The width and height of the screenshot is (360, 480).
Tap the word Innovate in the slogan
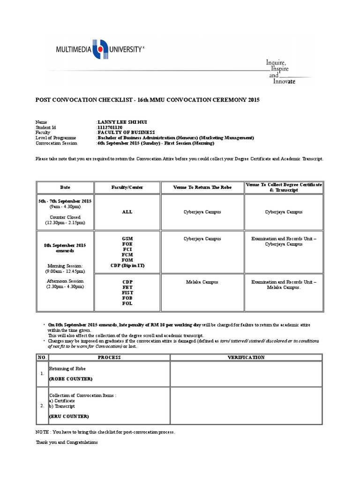285,82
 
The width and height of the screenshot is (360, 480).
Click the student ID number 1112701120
110,127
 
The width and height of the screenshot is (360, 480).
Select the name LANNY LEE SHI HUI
119,122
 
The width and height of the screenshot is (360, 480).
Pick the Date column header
65,187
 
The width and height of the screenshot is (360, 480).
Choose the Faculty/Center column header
127,187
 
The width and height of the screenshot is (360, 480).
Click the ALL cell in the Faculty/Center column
127,212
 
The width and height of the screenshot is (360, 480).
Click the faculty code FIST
127,292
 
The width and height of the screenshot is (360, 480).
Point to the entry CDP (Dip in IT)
127,265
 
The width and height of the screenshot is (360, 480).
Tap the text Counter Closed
65,217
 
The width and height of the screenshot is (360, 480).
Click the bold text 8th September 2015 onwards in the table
65,248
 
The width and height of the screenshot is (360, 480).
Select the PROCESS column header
109,357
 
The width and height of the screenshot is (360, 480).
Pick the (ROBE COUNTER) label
71,379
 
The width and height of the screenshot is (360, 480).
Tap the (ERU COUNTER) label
69,416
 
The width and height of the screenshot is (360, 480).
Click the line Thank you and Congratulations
67,442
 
